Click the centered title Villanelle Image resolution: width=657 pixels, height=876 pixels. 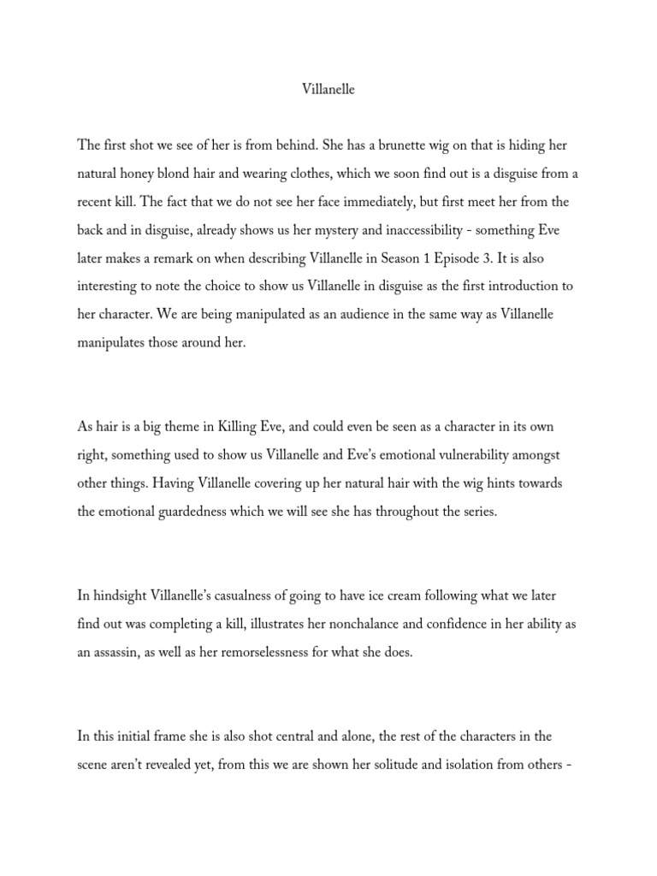coord(328,89)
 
